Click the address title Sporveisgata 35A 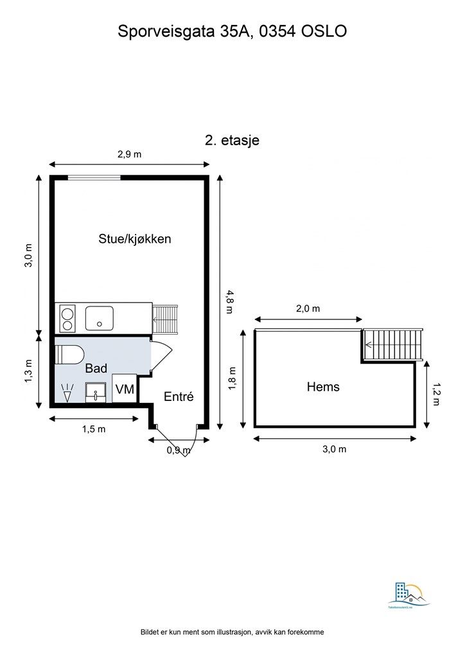click(232, 31)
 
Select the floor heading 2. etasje click(232, 140)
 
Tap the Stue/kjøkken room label click(134, 238)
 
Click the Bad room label click(96, 368)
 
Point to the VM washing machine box click(124, 389)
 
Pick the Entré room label click(179, 396)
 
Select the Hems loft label click(323, 387)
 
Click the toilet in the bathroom click(69, 354)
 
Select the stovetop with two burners click(67, 317)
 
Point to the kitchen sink click(100, 317)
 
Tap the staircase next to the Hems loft click(393, 345)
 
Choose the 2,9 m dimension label click(129, 154)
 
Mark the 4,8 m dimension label click(229, 301)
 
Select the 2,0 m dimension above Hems click(308, 308)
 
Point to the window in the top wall click(94, 177)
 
